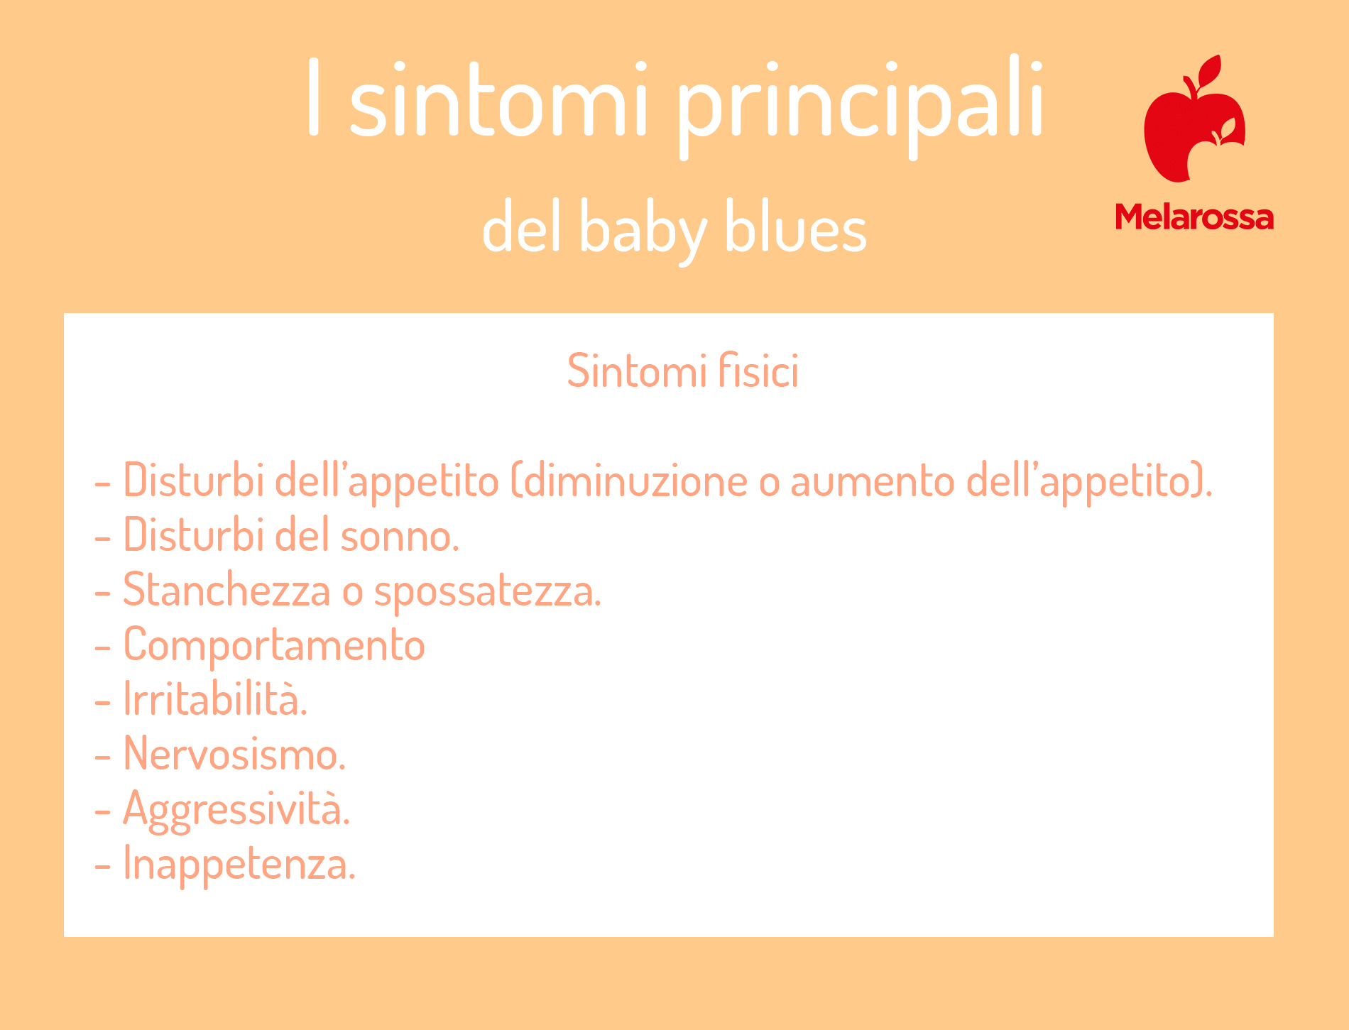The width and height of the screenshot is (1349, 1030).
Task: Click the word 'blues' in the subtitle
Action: click(796, 226)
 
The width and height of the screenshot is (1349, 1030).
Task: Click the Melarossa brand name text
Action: click(1194, 217)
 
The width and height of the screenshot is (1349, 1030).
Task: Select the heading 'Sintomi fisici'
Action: click(683, 371)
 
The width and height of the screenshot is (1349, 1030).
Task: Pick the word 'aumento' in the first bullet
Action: click(873, 481)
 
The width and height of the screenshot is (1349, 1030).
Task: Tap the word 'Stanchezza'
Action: click(227, 590)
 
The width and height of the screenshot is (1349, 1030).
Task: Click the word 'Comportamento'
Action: click(274, 645)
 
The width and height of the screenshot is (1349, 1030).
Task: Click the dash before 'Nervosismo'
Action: click(103, 757)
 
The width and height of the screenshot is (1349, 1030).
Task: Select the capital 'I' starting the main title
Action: click(314, 97)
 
